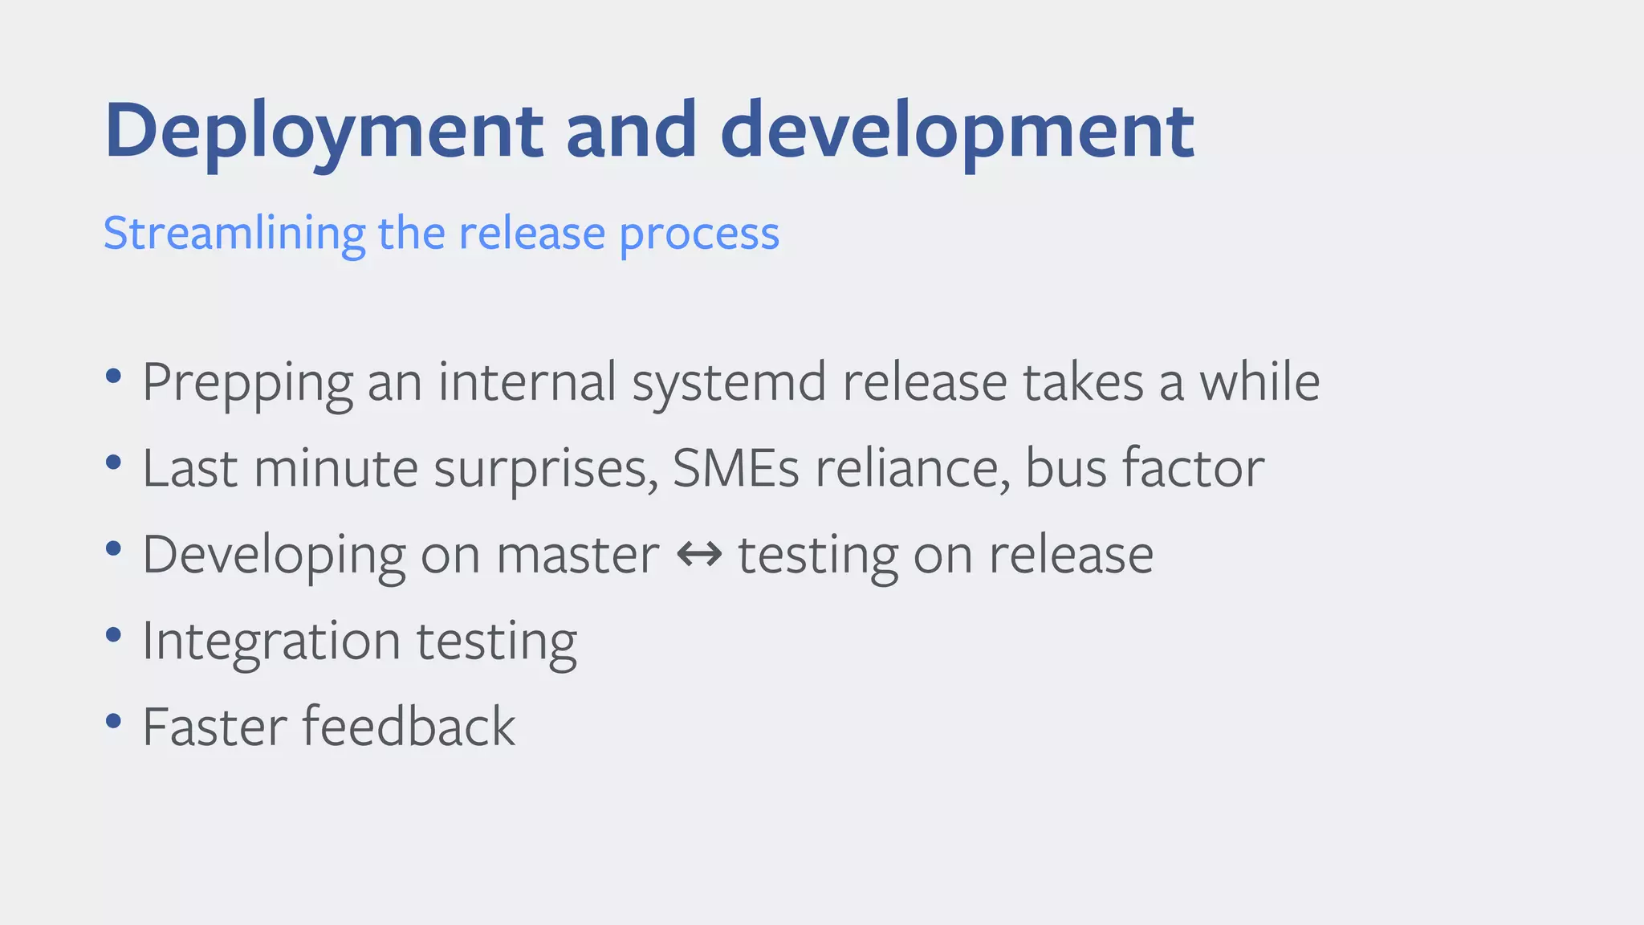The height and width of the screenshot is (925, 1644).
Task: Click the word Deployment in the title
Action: coord(324,131)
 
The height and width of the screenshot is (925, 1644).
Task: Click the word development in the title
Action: coord(957,131)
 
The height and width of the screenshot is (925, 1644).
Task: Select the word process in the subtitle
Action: coord(699,234)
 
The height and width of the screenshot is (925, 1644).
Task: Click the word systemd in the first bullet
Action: coord(729,382)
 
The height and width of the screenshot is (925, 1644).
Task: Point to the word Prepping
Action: coord(247,382)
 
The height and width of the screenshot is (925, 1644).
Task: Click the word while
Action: coord(1259,382)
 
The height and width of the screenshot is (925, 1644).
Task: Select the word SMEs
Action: coord(735,468)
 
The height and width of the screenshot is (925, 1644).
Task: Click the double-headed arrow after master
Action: coord(699,554)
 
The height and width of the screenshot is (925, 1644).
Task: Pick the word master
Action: coord(577,554)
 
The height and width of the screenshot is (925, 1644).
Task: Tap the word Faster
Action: coord(214,727)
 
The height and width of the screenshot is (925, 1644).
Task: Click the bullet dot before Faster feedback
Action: coord(113,720)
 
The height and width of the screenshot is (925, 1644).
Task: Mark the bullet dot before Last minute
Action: coord(113,462)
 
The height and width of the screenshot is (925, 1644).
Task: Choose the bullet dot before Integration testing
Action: coord(113,634)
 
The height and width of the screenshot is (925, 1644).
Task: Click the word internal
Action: coord(527,382)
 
